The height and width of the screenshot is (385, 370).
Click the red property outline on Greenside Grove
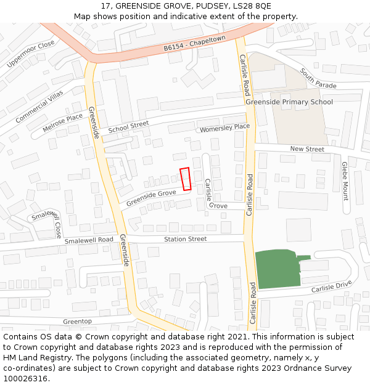click(185, 179)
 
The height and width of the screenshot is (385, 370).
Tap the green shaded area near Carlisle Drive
click(277, 269)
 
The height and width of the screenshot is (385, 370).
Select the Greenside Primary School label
click(289, 102)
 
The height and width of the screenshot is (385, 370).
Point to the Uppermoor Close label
click(30, 54)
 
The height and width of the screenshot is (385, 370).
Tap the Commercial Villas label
click(39, 105)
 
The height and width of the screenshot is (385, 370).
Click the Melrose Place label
click(62, 123)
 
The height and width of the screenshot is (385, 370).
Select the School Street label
click(128, 128)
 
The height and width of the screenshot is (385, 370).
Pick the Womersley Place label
click(224, 128)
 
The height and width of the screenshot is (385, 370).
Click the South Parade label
click(318, 78)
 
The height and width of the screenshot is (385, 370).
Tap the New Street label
click(307, 149)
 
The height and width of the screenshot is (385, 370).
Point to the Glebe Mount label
click(345, 180)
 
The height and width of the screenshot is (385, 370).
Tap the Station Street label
click(185, 239)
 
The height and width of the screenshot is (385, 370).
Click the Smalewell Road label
click(89, 240)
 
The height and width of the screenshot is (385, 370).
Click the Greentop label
click(77, 322)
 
